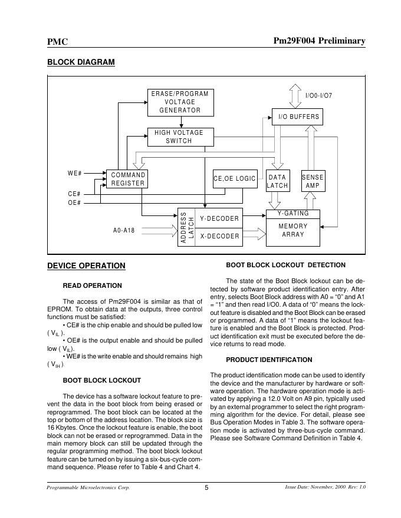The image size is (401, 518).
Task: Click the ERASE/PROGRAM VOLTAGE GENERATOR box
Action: (180, 102)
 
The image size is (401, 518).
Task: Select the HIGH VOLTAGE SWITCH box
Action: (180, 137)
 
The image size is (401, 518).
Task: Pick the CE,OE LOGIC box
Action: (234, 179)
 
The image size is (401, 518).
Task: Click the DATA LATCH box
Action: (277, 181)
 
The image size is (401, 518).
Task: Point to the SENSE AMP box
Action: (313, 181)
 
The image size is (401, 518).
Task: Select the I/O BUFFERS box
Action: (298, 117)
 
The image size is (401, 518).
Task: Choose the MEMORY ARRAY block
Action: (293, 231)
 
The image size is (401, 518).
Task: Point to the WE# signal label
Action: (75, 174)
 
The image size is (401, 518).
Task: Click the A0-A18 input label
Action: (124, 230)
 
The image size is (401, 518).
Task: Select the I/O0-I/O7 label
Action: (318, 95)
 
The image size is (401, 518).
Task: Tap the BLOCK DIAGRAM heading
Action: (80, 62)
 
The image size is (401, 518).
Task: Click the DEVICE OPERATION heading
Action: (86, 265)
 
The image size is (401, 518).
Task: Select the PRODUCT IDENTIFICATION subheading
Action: (269, 360)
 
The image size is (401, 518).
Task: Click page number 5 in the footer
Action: (206, 487)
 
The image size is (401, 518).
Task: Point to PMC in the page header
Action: (57, 41)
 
